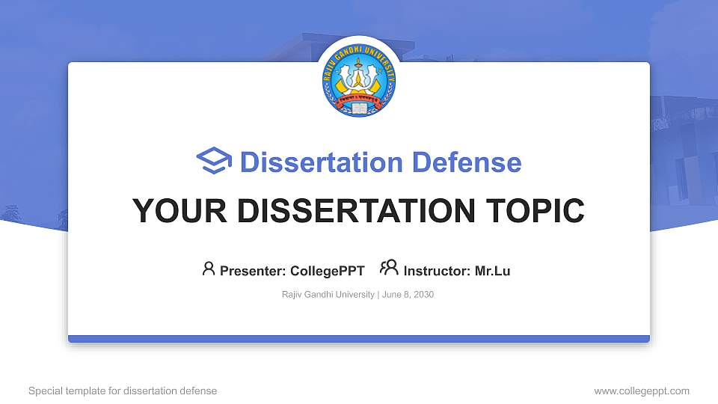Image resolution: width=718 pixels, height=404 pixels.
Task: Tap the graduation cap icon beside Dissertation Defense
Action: click(x=214, y=162)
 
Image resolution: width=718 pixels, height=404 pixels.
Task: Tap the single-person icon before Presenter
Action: click(x=209, y=269)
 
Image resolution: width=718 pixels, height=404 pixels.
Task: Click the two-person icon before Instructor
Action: click(x=389, y=268)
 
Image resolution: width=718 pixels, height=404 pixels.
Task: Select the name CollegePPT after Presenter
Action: click(x=328, y=271)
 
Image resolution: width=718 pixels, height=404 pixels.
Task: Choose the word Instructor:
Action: click(x=437, y=271)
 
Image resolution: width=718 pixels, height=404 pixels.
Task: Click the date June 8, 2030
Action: click(x=408, y=295)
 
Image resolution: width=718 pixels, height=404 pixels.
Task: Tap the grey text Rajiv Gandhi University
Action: click(x=328, y=295)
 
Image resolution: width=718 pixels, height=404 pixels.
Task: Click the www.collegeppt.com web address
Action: click(x=642, y=391)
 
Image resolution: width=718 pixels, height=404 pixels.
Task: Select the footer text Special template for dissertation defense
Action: click(x=123, y=391)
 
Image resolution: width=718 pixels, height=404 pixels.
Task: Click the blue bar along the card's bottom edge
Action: click(x=359, y=339)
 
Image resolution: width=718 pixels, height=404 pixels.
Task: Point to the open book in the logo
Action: click(x=359, y=108)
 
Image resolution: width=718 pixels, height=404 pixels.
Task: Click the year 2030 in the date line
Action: click(x=423, y=295)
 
